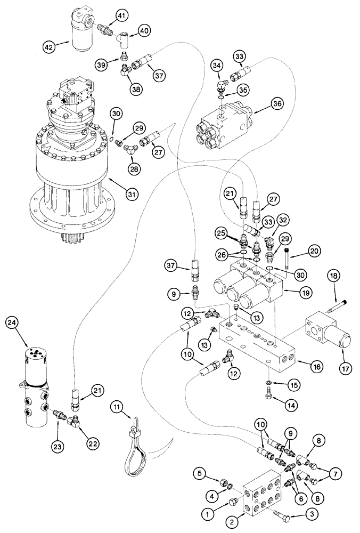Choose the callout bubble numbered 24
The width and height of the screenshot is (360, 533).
[x=13, y=322]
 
